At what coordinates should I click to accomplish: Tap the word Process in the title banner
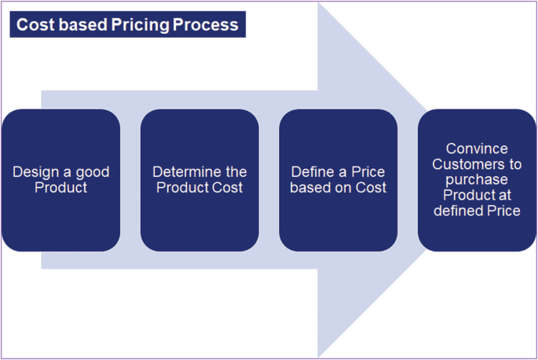[x=207, y=25]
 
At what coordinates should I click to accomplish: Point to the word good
[x=91, y=172]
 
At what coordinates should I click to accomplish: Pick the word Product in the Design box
[x=60, y=188]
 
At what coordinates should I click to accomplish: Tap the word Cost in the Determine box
[x=228, y=188]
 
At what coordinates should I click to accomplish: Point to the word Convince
[x=476, y=149]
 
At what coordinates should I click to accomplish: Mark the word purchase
[x=477, y=180]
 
